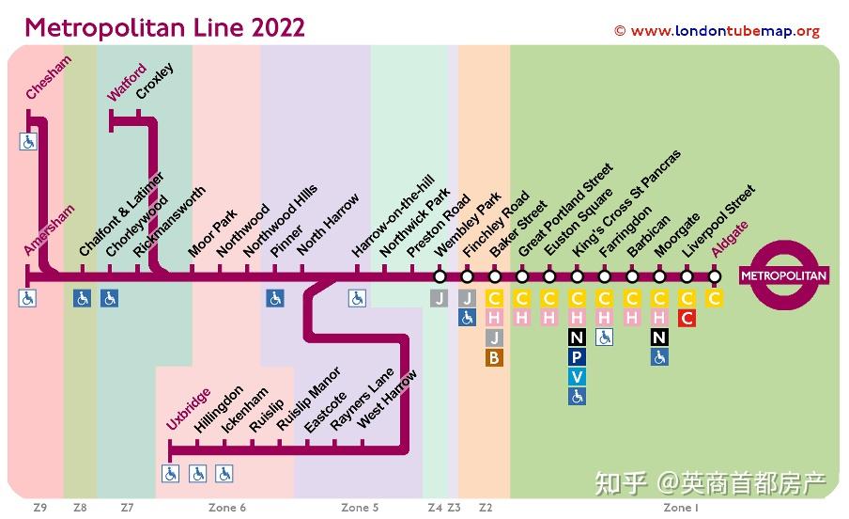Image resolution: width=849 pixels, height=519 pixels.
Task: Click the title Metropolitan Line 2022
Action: (x=164, y=26)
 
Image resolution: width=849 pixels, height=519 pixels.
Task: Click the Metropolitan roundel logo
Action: (x=783, y=275)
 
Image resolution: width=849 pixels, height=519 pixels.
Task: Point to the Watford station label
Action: (x=127, y=83)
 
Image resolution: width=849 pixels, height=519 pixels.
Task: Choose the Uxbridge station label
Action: (x=190, y=409)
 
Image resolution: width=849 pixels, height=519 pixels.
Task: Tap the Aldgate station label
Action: (x=730, y=239)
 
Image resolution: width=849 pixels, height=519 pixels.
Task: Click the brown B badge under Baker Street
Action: (x=494, y=357)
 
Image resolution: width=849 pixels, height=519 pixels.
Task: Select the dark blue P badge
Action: (x=577, y=357)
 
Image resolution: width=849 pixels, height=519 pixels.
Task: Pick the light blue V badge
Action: (x=577, y=377)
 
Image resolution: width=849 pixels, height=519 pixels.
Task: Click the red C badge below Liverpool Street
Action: (x=687, y=318)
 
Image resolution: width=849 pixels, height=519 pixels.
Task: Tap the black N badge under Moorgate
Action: (x=660, y=338)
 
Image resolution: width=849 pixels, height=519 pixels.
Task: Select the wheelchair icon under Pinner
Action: (x=274, y=298)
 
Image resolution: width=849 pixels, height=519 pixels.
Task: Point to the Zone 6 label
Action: (x=227, y=508)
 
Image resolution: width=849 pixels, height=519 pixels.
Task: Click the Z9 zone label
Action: (x=39, y=508)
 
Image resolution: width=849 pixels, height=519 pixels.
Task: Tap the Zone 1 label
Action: (x=680, y=508)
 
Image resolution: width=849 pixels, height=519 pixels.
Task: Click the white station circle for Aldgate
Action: (x=715, y=276)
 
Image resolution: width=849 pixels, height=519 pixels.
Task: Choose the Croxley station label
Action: (x=155, y=81)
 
